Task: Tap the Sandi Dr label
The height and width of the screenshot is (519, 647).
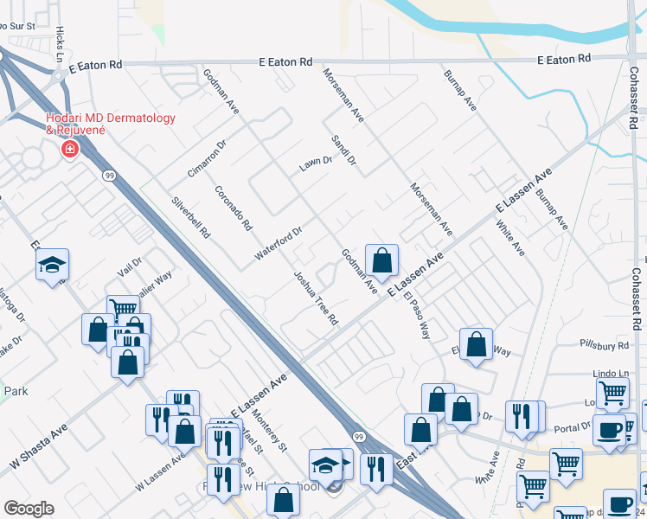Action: tap(343, 149)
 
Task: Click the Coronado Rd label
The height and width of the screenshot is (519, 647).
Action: tap(233, 208)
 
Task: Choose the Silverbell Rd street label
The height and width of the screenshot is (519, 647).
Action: tap(191, 218)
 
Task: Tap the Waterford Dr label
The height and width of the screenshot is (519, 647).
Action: tap(279, 244)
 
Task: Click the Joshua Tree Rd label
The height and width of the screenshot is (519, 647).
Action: tap(315, 298)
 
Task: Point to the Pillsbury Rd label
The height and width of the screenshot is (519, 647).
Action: tap(605, 345)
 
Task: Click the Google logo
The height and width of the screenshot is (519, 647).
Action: tap(29, 509)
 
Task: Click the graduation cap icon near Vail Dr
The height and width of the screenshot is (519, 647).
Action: tap(52, 265)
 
